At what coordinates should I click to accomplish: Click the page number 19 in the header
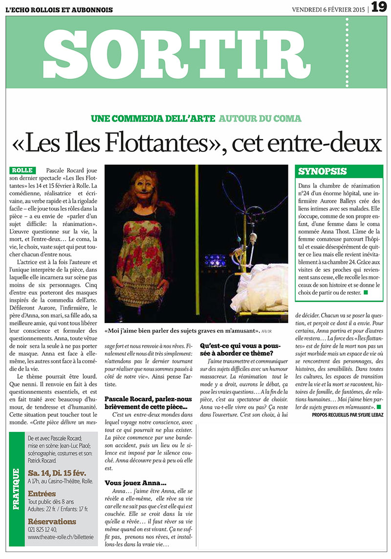(379, 7)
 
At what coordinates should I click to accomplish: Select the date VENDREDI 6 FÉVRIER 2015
(329, 9)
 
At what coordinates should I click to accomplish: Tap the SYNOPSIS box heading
(323, 172)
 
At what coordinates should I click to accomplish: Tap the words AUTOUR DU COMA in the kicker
(260, 118)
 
